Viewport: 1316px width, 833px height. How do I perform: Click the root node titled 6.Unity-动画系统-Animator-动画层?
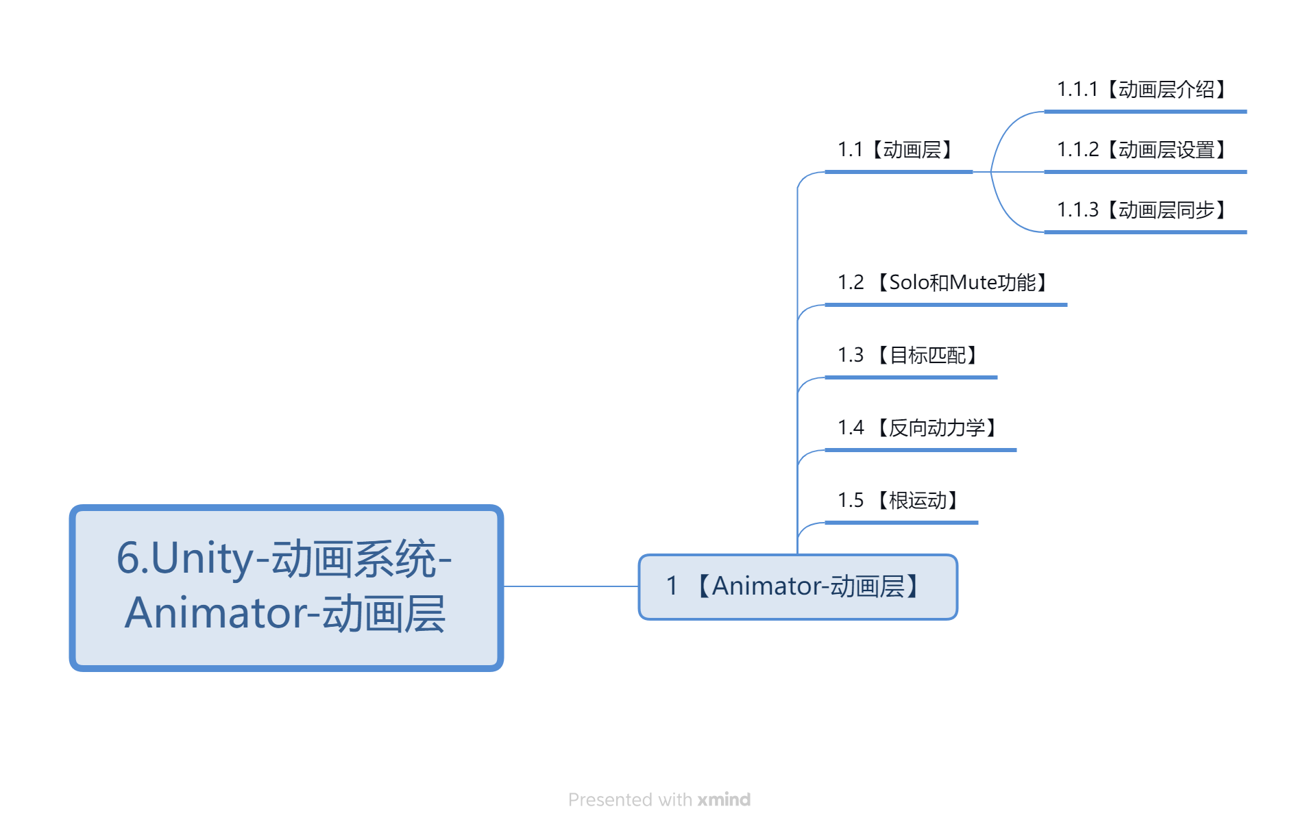[287, 588]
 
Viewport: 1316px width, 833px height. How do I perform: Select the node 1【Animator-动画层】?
[798, 587]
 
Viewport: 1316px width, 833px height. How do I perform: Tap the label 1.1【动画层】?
[896, 150]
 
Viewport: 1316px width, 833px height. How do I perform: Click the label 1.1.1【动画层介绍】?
[1143, 90]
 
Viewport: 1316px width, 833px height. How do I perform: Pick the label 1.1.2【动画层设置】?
[1143, 150]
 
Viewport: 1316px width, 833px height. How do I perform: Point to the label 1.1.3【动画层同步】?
[1143, 210]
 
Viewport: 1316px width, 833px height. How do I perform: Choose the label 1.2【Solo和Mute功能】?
[943, 283]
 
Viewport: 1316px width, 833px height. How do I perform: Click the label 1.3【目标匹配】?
[908, 356]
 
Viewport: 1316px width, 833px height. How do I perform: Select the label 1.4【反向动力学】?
[918, 428]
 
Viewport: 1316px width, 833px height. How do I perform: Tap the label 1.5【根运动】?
[899, 501]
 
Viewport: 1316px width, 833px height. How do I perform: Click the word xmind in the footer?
[724, 799]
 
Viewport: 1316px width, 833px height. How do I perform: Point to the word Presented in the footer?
[610, 799]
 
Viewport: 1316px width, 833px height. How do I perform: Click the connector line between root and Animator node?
[571, 586]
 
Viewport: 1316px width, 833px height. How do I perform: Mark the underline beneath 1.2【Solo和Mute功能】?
[946, 305]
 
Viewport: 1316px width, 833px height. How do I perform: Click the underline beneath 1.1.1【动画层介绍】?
[1145, 112]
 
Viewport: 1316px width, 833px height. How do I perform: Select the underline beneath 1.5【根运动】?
[901, 523]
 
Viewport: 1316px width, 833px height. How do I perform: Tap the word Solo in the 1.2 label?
[910, 283]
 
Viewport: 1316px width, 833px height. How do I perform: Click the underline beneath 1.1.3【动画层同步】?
[1145, 232]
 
